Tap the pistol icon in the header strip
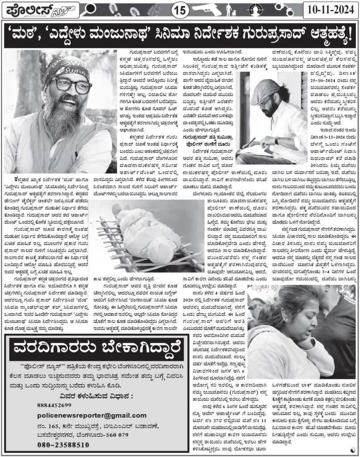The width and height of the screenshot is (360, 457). point(218,9)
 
